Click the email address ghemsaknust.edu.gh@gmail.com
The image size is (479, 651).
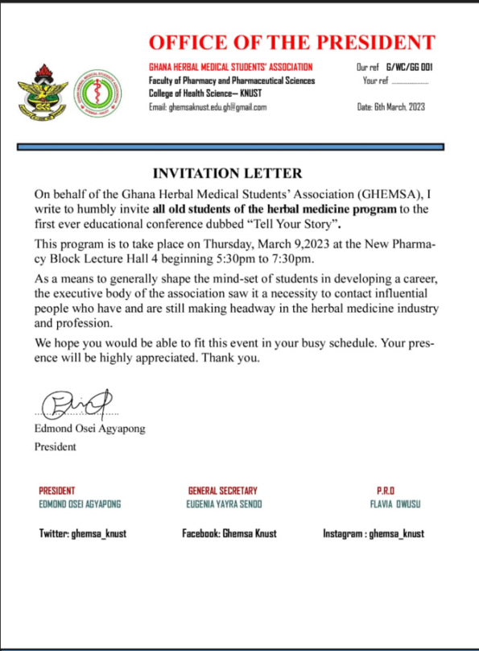[208, 107]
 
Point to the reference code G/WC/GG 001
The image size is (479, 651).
[411, 68]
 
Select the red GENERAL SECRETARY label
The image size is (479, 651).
[225, 491]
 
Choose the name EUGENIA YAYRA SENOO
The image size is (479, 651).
[225, 504]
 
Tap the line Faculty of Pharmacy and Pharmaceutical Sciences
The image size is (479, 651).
[232, 81]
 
